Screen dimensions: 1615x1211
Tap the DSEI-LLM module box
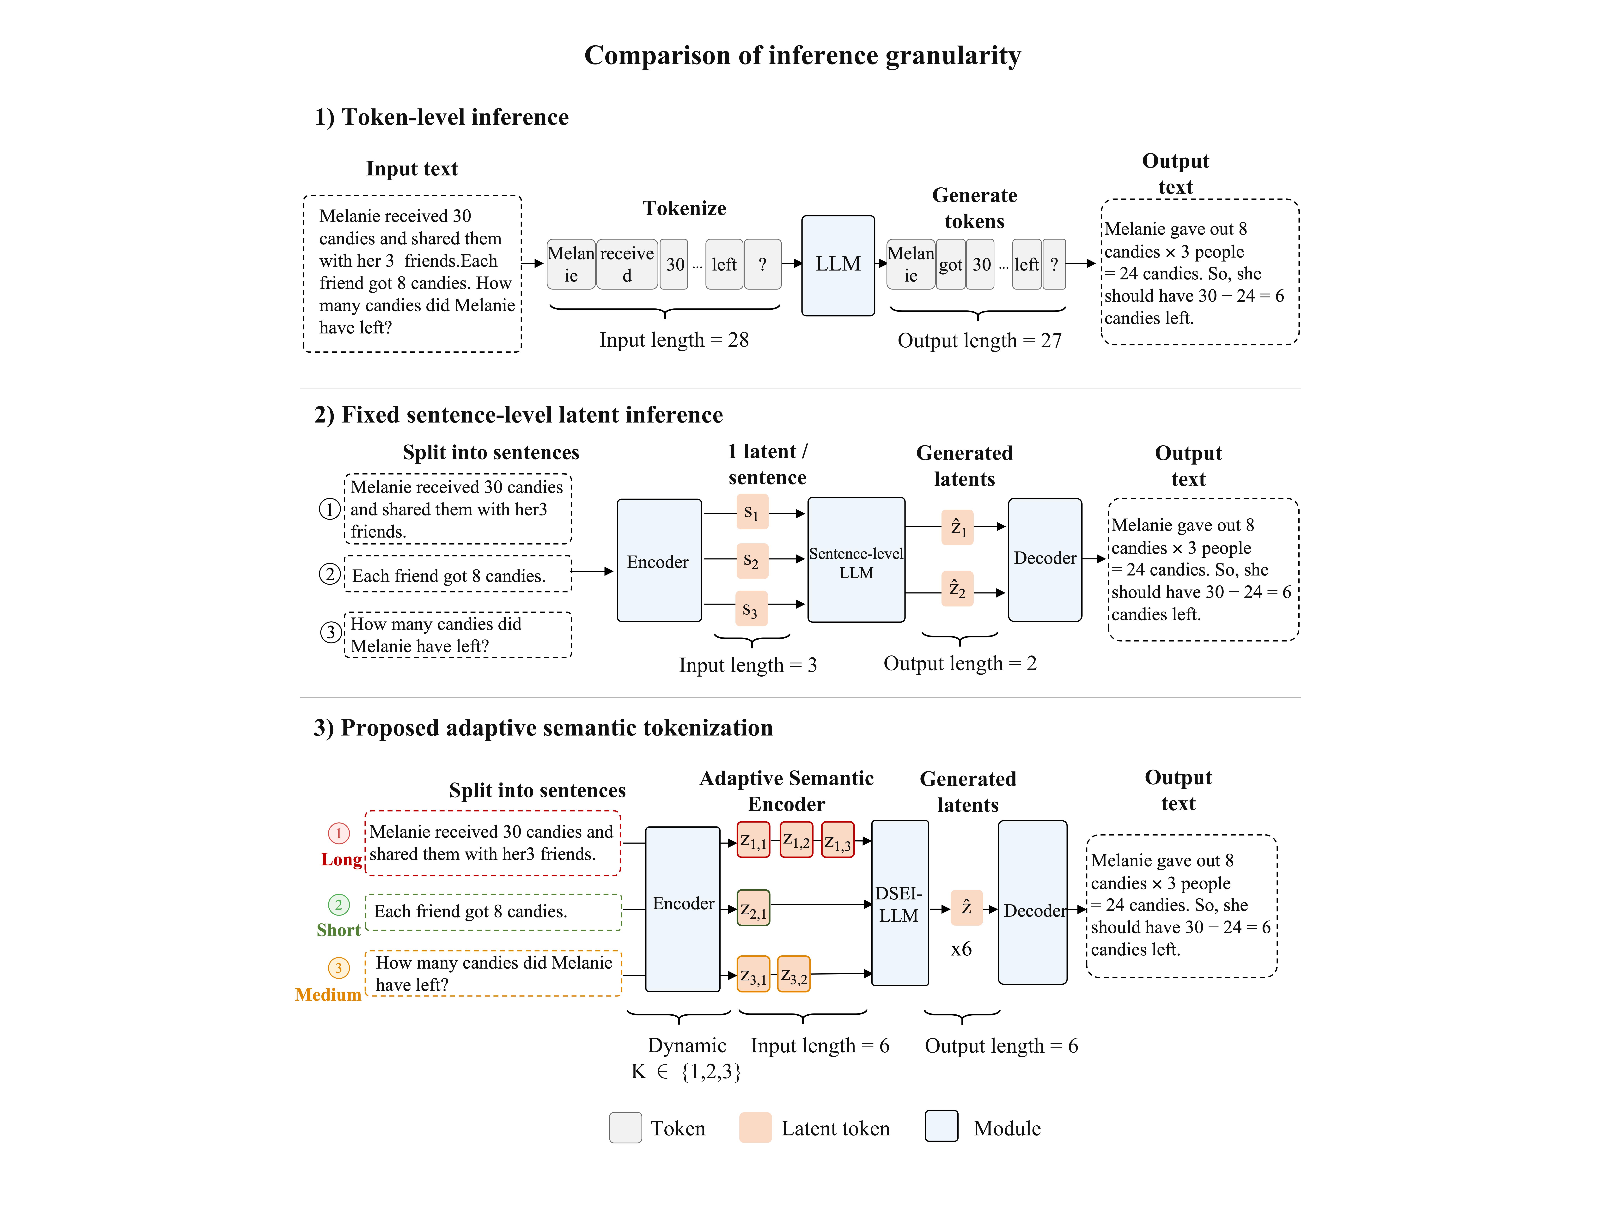point(899,903)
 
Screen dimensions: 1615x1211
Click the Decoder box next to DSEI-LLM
point(1032,903)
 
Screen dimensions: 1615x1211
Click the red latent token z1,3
point(838,840)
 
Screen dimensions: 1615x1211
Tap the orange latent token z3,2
point(794,975)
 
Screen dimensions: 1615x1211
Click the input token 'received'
point(627,264)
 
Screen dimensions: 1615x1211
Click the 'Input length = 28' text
point(674,340)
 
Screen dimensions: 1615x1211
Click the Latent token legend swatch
point(755,1128)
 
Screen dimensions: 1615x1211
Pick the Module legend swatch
point(941,1126)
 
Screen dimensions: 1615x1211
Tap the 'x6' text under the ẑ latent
point(961,949)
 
